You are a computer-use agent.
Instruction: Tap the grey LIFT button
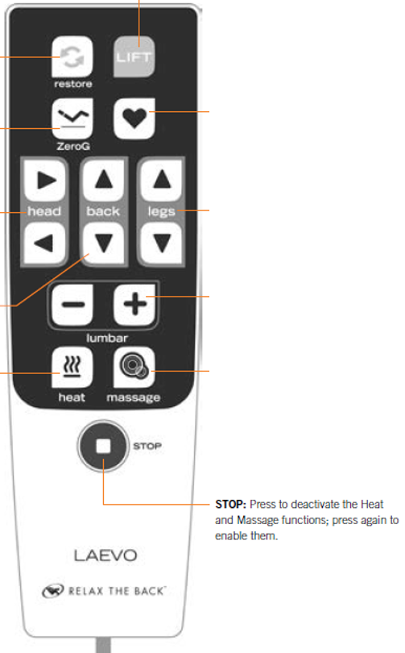click(134, 56)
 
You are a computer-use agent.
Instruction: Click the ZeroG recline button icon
click(72, 119)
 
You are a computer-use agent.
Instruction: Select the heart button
click(134, 119)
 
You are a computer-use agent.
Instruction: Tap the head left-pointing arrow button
click(44, 243)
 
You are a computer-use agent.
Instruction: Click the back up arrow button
click(104, 181)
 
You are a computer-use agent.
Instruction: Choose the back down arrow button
click(104, 243)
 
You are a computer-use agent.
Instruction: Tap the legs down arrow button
click(161, 243)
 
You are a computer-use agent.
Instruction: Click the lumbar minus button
click(72, 305)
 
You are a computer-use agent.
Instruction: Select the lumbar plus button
click(134, 305)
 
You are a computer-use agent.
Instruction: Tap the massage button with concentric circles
click(134, 368)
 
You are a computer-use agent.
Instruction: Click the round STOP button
click(104, 446)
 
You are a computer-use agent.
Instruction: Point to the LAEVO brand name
click(105, 555)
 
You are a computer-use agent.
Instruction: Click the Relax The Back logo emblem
click(53, 591)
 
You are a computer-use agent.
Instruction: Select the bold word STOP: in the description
click(231, 505)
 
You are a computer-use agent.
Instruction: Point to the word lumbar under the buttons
click(107, 338)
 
